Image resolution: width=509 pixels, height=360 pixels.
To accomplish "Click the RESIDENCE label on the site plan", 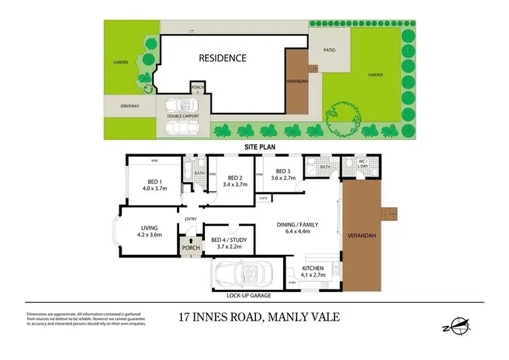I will point(222,58).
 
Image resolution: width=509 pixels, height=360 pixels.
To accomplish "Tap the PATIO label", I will point(328,49).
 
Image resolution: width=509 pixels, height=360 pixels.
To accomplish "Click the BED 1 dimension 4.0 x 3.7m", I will point(154,188).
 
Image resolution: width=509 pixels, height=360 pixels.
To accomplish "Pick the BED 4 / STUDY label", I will point(228,240).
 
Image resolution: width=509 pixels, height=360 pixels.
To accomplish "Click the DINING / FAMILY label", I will point(297,224).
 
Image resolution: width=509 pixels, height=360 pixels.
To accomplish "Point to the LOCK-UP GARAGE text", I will point(248,296).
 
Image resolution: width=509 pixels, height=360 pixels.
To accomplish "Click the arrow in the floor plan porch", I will point(191,240).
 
